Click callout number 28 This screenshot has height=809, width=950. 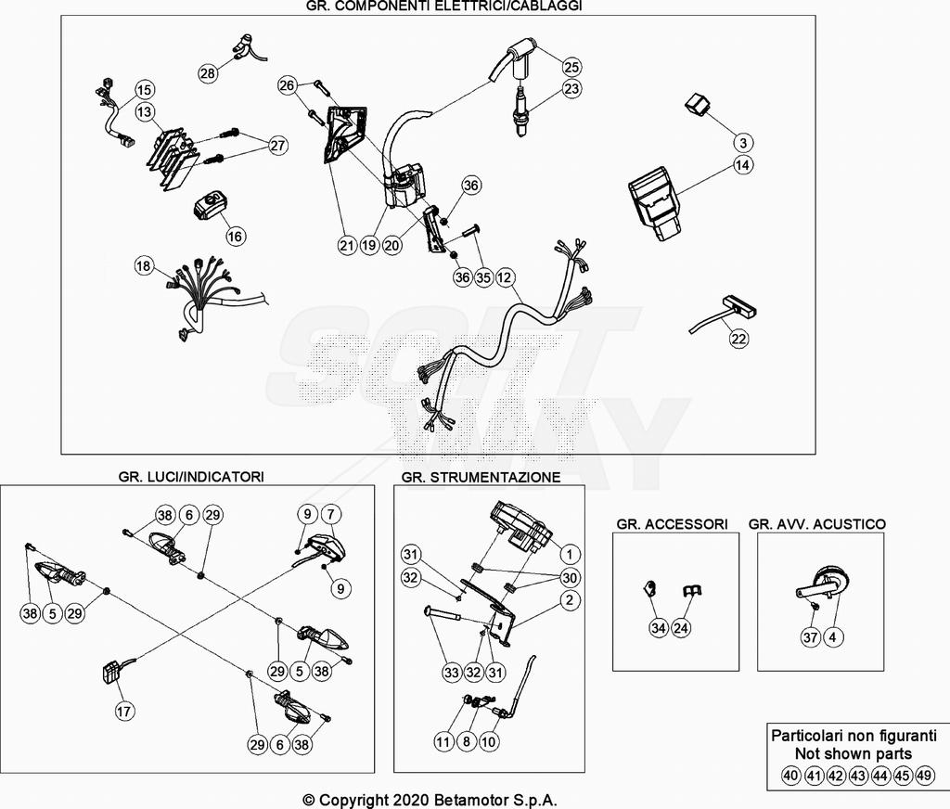point(208,72)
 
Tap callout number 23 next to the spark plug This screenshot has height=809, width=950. point(571,90)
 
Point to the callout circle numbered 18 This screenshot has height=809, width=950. point(143,266)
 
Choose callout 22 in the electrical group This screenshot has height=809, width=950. point(738,340)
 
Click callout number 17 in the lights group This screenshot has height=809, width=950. point(124,712)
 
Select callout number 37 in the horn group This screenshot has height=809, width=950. point(809,637)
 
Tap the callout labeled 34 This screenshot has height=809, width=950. point(658,629)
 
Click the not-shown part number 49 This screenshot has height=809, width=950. point(925,776)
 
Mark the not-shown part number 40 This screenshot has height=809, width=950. point(790,776)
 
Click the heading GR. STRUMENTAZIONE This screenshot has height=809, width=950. point(481,477)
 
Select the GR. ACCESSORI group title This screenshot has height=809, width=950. point(672,524)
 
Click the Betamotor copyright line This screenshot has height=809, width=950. point(430,800)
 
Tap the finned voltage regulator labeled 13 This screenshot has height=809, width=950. point(173,158)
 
